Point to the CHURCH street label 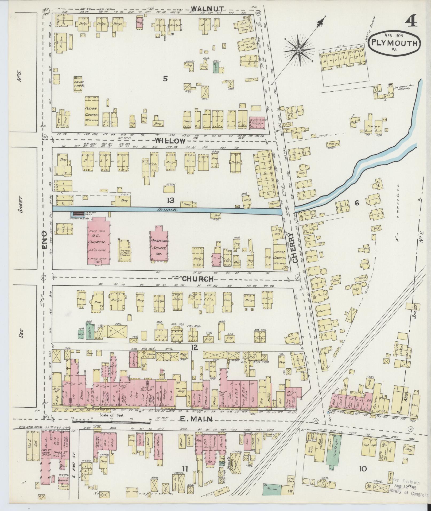[198, 279]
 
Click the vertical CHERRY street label [295, 247]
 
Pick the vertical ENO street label [44, 240]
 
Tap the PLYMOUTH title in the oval [394, 43]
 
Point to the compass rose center [299, 50]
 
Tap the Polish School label [79, 84]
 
